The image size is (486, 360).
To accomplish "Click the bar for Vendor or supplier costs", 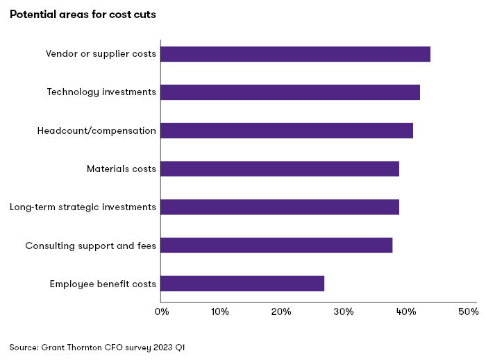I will pos(295,54).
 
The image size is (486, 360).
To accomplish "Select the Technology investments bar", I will pos(290,92).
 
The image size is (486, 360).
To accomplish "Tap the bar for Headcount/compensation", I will pos(287,130).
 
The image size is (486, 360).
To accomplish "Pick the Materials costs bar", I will pos(280,169).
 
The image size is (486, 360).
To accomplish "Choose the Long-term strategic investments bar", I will pos(280,207).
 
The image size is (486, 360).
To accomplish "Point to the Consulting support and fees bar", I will pos(276,245).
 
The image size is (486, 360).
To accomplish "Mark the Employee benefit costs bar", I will pos(242,284).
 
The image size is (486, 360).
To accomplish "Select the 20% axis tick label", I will pos(280,312).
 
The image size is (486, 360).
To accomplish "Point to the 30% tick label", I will pos(342,312).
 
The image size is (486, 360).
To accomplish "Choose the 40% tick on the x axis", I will pos(403,312).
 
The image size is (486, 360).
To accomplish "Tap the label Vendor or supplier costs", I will pos(101,54).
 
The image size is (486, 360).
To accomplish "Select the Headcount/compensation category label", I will pos(97,130).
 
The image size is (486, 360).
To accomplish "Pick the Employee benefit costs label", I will pos(103,284).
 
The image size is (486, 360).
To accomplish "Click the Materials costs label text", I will pos(121,169).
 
